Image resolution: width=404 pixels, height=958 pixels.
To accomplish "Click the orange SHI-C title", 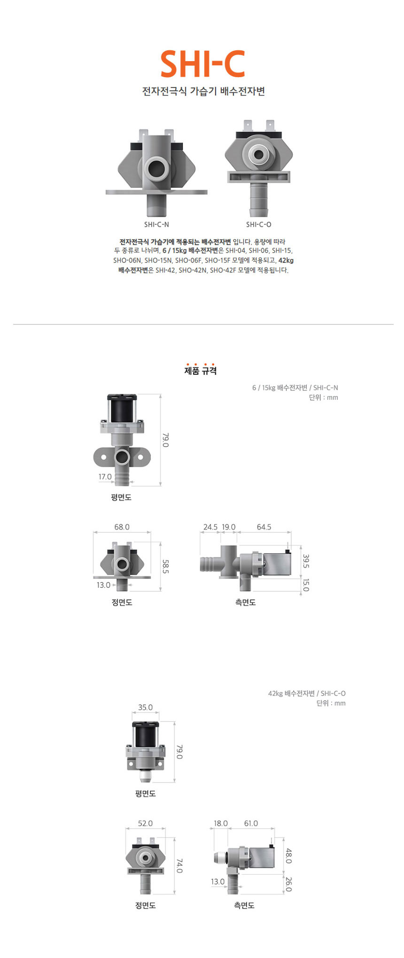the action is pyautogui.click(x=202, y=64).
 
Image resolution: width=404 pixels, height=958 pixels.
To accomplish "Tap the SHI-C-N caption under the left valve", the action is pyautogui.click(x=156, y=224).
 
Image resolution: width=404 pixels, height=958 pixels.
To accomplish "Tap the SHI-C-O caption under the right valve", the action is pyautogui.click(x=258, y=224).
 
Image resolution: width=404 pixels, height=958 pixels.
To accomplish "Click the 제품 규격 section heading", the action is pyautogui.click(x=201, y=371).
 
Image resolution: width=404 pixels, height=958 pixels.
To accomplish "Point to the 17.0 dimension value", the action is pyautogui.click(x=105, y=476).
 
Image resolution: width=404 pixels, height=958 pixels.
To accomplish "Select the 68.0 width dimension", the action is pyautogui.click(x=122, y=527).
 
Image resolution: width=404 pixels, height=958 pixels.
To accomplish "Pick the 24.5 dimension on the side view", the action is pyautogui.click(x=210, y=527).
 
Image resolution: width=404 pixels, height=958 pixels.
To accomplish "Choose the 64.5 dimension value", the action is pyautogui.click(x=264, y=527).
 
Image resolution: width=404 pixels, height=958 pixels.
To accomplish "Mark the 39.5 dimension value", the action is pyautogui.click(x=306, y=561).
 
